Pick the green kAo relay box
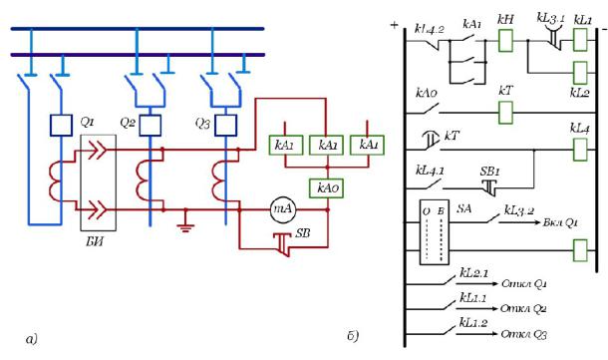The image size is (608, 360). pos(327,188)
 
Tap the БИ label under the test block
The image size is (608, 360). pos(95,242)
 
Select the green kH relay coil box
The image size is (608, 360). pos(505,40)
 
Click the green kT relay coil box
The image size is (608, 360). pos(505,113)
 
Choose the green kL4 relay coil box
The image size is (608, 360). pos(580,150)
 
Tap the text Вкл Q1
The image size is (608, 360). pos(560,223)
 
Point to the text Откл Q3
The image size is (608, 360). pos(523,334)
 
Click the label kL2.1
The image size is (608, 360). pos(473,272)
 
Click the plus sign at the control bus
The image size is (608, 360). pos(394,25)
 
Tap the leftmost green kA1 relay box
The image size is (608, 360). pos(286,145)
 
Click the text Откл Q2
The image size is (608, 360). pos(523,309)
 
